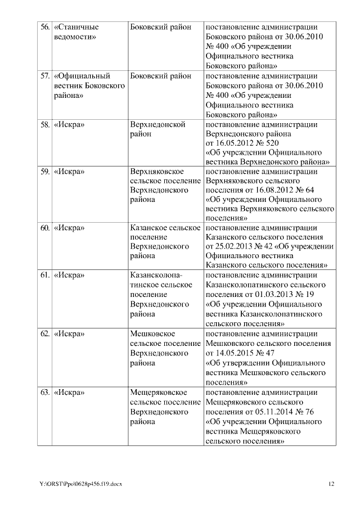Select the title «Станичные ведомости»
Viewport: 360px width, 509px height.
(76, 32)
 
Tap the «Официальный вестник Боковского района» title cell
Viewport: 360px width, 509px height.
(88, 85)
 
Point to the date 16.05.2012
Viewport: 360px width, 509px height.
(235, 143)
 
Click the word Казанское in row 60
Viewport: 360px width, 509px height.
(148, 228)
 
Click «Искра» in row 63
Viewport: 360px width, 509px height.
(69, 392)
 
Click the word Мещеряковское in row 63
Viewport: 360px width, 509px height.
(158, 392)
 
